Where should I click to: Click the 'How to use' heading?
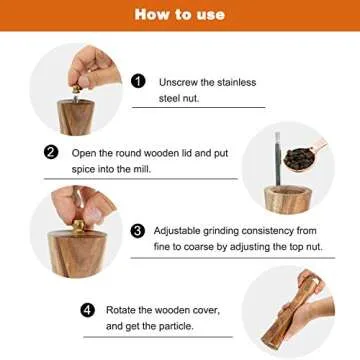(x=179, y=15)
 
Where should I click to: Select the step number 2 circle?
(x=51, y=153)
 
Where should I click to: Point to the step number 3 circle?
(x=138, y=230)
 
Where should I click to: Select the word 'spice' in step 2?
(x=86, y=169)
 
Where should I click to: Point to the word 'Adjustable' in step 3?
(x=181, y=230)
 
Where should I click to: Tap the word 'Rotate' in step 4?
(x=123, y=311)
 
